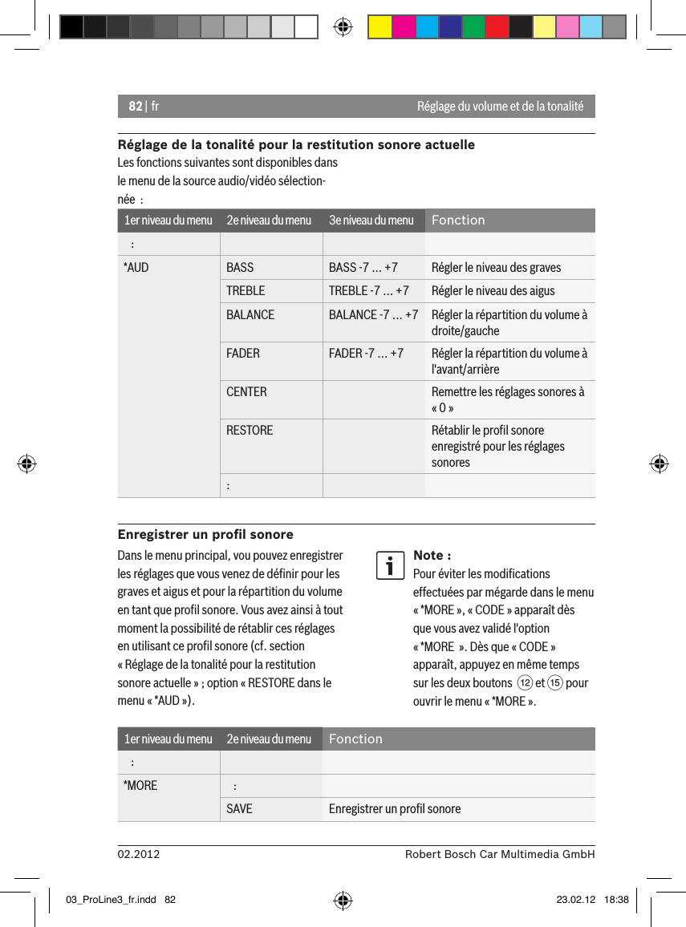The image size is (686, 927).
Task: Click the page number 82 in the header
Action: pos(135,107)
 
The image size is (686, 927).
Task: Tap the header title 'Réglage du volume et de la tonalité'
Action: pos(500,107)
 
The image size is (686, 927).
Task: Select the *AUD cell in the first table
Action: pos(136,267)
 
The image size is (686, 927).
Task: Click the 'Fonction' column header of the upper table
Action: pos(458,221)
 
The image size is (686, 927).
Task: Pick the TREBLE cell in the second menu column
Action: pos(245,290)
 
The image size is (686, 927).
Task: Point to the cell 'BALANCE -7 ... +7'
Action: pos(372,314)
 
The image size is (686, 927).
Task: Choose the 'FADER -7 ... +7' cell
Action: pos(366,353)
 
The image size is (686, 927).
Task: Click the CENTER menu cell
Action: pos(246,391)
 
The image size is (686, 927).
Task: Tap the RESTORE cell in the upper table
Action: pos(250,430)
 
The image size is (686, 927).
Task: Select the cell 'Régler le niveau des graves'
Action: pos(496,267)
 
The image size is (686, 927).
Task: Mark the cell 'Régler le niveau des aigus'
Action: pos(493,290)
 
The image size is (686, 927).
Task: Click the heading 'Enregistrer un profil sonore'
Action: pos(205,534)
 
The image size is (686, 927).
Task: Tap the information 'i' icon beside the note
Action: pos(390,565)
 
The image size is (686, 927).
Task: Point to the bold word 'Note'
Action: pos(428,555)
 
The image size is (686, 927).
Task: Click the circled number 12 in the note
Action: pos(524,683)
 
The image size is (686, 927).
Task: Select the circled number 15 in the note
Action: pos(554,683)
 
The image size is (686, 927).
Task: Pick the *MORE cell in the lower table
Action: pos(140,785)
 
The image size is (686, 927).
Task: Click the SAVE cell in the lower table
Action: pos(239,808)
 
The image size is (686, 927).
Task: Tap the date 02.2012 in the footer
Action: pos(139,855)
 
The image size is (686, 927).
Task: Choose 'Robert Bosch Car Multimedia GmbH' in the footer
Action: pos(500,855)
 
